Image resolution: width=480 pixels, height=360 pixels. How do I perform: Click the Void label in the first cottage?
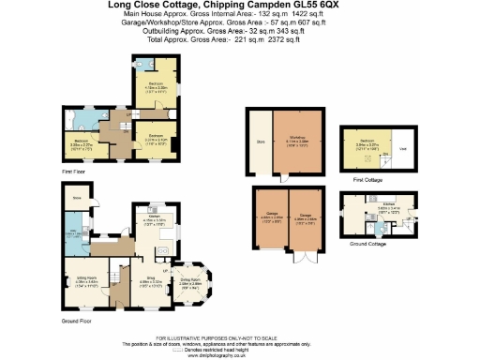[x=403, y=148]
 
